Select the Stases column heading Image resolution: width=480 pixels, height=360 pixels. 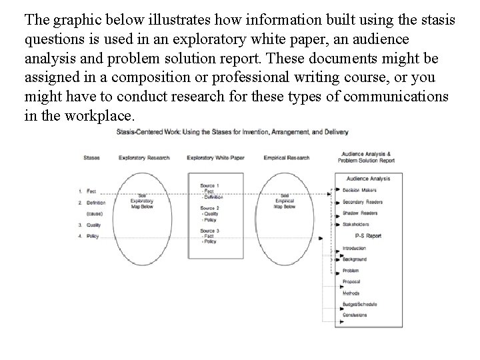(91, 158)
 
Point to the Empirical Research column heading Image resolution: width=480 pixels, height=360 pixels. (286, 158)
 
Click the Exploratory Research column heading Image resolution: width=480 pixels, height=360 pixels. (144, 158)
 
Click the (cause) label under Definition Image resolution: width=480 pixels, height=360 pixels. (94, 213)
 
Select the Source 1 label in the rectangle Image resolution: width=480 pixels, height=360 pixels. (209, 185)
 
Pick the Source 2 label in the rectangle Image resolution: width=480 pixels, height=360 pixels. (209, 208)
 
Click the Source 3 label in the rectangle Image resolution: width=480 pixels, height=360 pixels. (209, 231)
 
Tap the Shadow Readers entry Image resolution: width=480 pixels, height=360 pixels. (360, 213)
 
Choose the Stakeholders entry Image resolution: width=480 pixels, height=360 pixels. (357, 225)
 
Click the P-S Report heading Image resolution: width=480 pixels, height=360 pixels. (368, 235)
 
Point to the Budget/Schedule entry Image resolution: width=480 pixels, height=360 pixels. (360, 304)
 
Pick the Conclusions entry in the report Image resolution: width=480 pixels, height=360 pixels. (357, 315)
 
